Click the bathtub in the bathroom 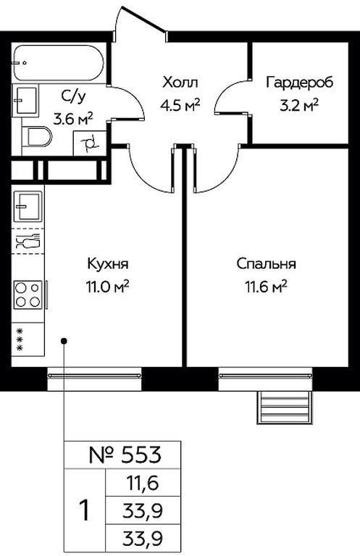point(59,62)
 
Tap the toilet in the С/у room point(37,137)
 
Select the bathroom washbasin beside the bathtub point(25,101)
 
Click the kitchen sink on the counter point(28,206)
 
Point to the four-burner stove point(28,295)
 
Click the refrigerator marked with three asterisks point(28,340)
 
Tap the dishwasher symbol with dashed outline point(28,241)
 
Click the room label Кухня point(107,264)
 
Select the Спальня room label point(266,264)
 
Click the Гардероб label point(300,83)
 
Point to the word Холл point(180,83)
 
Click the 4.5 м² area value point(180,105)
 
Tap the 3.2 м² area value point(299,105)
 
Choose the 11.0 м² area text point(106,286)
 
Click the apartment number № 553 point(125,455)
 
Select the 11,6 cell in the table point(142,483)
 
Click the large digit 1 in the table point(85,510)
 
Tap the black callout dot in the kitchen point(64,341)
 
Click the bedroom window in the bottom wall point(265,379)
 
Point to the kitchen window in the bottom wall point(94,379)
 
